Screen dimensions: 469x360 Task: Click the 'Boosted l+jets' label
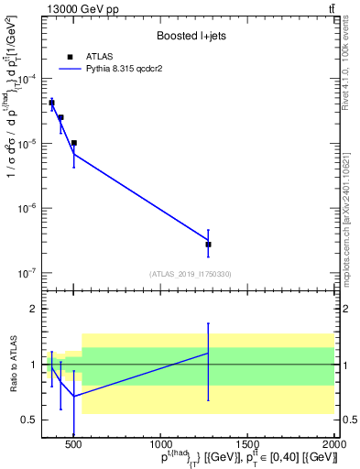186,36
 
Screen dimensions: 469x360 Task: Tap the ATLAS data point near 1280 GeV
209,245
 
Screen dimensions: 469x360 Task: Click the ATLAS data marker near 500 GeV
74,143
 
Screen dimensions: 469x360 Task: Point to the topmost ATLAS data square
52,103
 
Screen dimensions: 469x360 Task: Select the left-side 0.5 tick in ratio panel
31,420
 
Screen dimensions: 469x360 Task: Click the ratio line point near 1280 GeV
209,353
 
